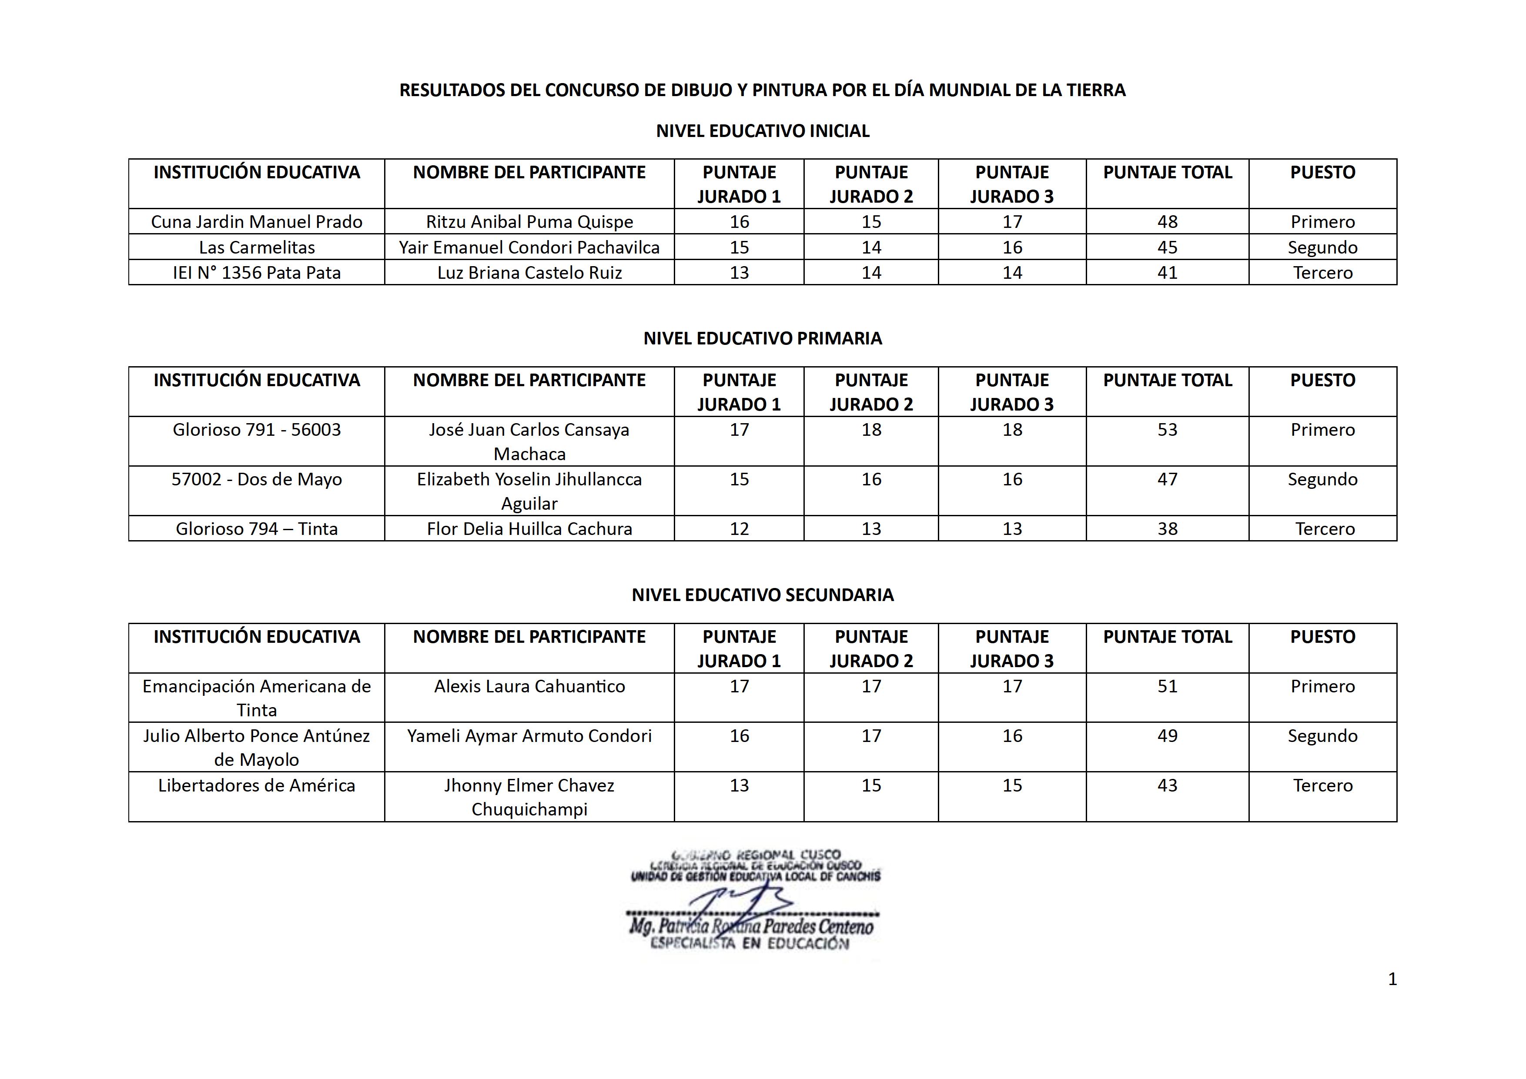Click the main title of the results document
click(x=762, y=90)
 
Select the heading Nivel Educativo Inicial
click(x=762, y=131)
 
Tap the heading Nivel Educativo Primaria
click(x=762, y=338)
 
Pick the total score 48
click(x=1167, y=222)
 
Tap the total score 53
click(x=1167, y=430)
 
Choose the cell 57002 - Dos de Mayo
click(x=257, y=480)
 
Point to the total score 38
click(x=1167, y=529)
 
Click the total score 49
click(x=1167, y=736)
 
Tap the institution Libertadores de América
click(x=257, y=785)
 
